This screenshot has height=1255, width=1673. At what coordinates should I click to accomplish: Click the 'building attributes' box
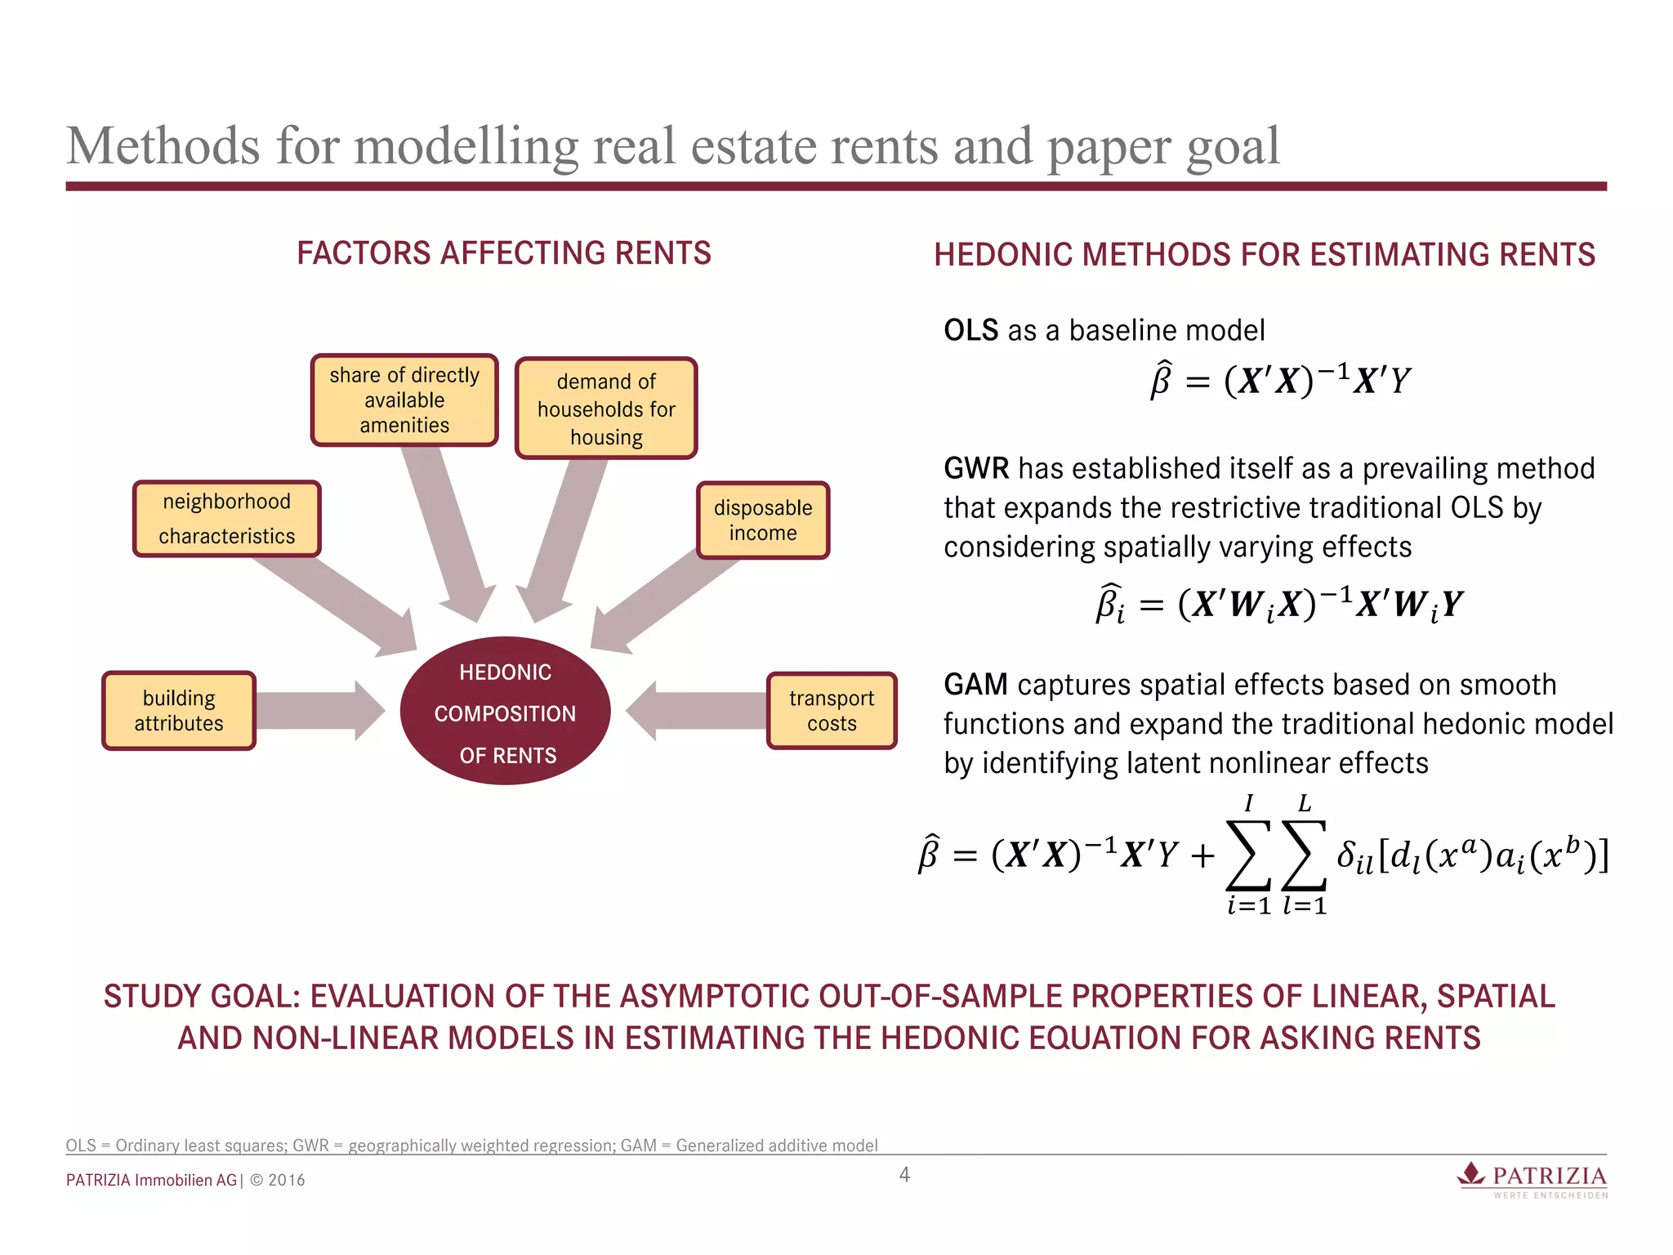[179, 711]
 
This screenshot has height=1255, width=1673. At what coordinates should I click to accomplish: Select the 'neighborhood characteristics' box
[227, 519]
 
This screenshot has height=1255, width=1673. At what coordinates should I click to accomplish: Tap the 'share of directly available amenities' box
[404, 400]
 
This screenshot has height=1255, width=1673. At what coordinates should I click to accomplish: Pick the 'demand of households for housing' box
[606, 409]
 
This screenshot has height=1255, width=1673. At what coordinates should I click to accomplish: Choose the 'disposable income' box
[763, 520]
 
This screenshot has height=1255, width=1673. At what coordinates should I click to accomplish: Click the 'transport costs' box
[832, 711]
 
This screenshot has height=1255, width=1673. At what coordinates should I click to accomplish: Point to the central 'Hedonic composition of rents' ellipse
[506, 712]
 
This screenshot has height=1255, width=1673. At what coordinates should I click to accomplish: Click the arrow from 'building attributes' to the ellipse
[319, 711]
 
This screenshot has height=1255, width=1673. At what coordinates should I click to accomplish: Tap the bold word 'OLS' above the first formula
[970, 331]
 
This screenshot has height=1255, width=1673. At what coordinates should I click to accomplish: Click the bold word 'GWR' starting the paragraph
[976, 469]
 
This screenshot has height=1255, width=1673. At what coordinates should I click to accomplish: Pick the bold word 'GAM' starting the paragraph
[975, 685]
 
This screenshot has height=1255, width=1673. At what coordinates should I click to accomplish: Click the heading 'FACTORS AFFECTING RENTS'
[504, 253]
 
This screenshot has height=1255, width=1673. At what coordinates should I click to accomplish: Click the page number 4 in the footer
[904, 1175]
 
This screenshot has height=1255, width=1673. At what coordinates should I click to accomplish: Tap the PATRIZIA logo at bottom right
[1533, 1179]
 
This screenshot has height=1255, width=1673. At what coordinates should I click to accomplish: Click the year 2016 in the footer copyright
[287, 1181]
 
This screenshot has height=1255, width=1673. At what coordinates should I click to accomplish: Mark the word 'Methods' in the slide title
[163, 147]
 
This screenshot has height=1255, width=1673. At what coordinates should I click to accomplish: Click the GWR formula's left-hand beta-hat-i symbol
[1109, 604]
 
